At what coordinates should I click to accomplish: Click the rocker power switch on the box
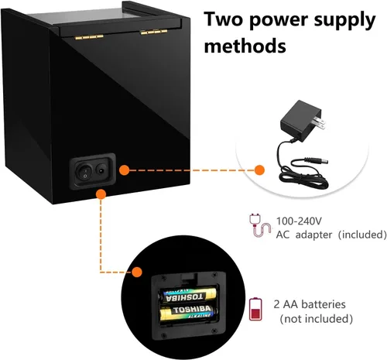point(84,171)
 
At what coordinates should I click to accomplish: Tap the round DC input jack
point(101,170)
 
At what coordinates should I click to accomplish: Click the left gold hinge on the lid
point(89,37)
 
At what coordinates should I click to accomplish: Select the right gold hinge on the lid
point(153,32)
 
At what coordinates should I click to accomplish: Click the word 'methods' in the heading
point(245,46)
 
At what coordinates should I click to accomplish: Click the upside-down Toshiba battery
point(187,296)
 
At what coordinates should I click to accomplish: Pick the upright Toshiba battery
point(189,312)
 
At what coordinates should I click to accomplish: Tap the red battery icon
point(255,309)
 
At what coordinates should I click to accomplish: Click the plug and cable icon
point(259,225)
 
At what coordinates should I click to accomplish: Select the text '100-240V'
point(299,221)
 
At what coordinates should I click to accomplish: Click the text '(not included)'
point(316,318)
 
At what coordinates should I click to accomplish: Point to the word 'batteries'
point(323,304)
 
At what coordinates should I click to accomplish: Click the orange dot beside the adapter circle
point(259,170)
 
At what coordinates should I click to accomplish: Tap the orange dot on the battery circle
point(137,272)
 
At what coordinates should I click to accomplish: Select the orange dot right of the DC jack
point(125,170)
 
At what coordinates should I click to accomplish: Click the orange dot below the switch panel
point(101,194)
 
